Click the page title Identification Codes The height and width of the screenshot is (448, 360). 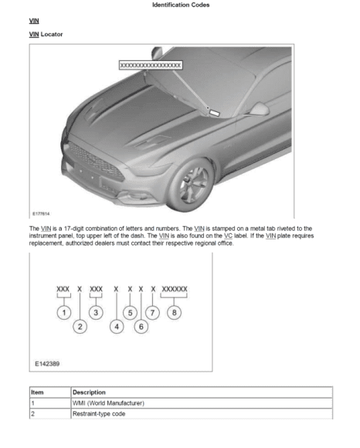(181, 5)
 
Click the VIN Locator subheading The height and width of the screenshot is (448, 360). (46, 34)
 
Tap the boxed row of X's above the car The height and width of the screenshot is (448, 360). (151, 65)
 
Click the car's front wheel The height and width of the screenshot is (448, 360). (191, 185)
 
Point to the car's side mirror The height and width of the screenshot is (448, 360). (259, 110)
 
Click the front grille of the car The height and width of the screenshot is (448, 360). (97, 162)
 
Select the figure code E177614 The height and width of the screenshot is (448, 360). (41, 214)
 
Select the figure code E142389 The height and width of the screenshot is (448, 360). (47, 364)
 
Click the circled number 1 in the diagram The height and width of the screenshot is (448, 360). (64, 313)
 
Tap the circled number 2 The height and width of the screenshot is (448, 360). (80, 327)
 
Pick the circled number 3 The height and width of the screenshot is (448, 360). (96, 313)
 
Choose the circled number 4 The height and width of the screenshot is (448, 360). (117, 327)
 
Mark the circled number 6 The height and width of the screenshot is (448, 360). (141, 327)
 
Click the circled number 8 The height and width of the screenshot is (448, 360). (175, 313)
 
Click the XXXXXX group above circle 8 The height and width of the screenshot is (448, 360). (175, 289)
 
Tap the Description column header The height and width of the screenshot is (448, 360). (89, 392)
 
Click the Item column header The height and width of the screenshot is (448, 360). (37, 392)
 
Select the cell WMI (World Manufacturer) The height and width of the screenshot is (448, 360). (108, 403)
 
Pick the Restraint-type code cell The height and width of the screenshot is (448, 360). (99, 414)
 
